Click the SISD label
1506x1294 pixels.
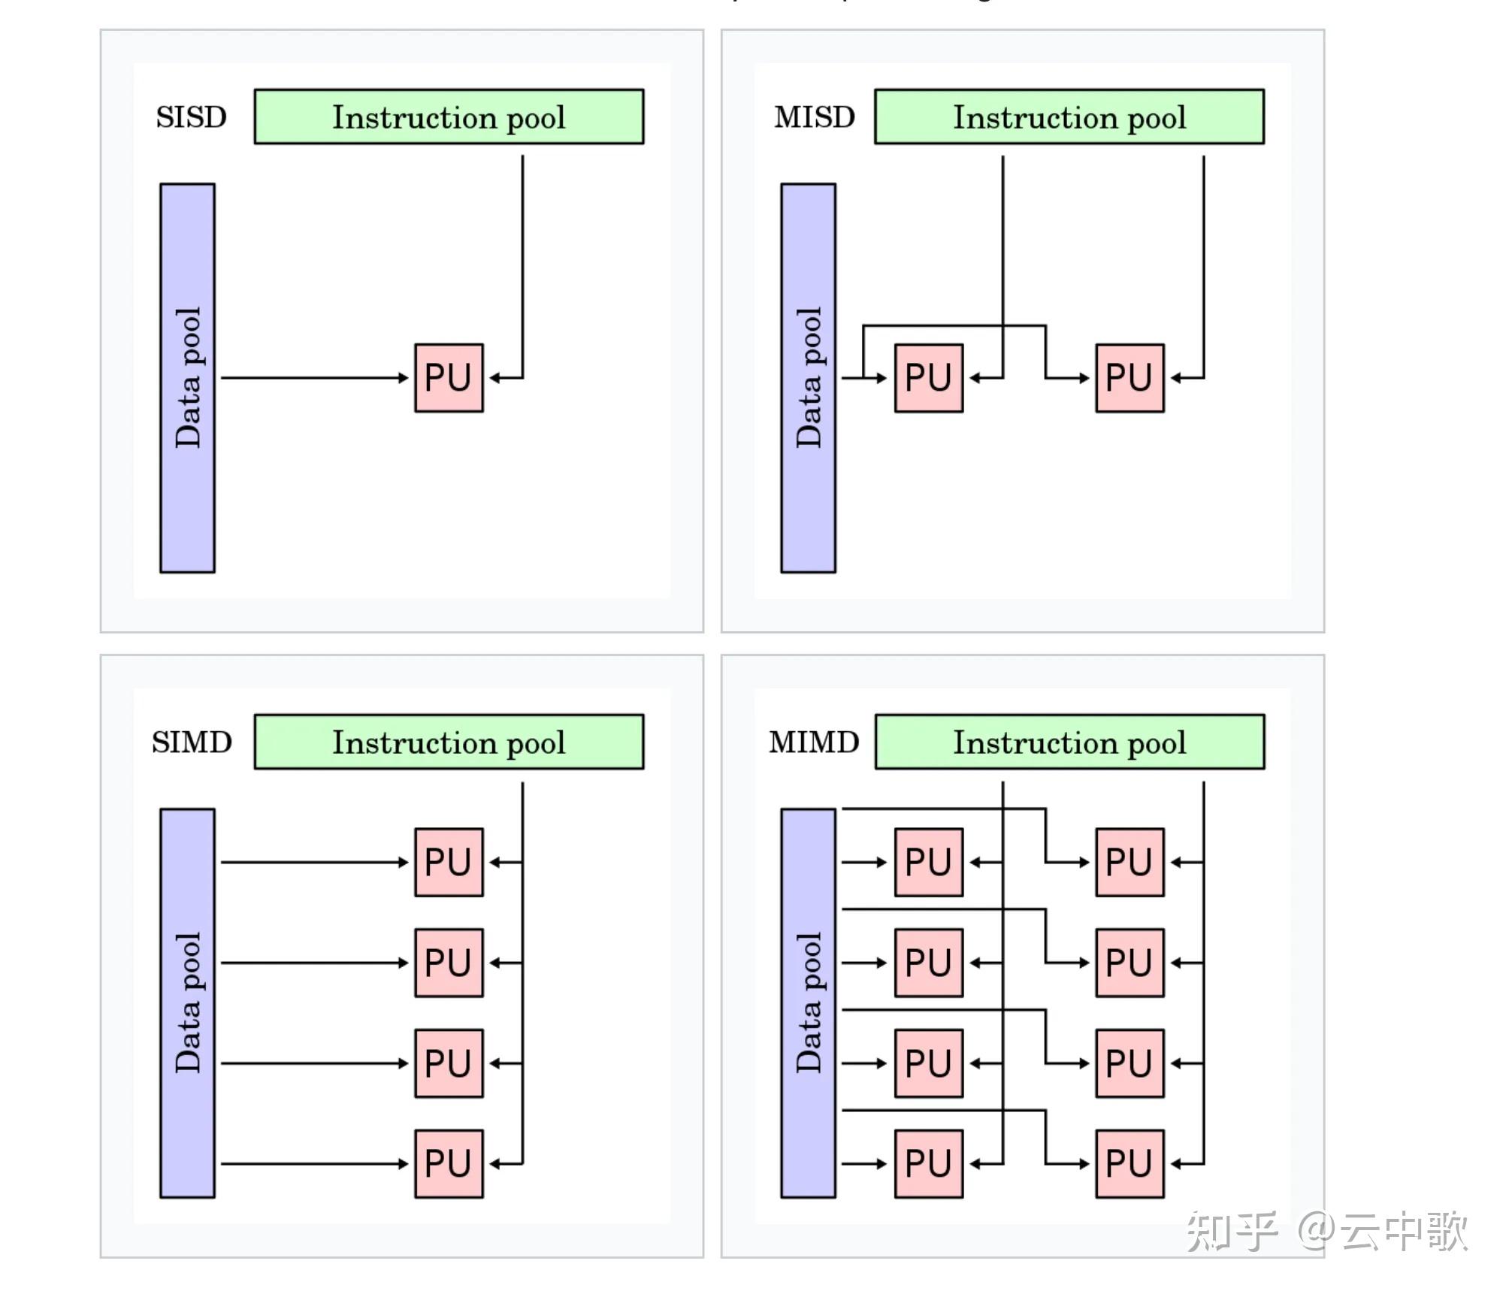coord(191,117)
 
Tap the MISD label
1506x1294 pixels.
coord(815,117)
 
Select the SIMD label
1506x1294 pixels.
coord(192,742)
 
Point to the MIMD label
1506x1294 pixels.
coord(814,742)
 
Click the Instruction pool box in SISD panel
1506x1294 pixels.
coord(449,117)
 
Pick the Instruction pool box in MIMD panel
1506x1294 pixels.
coord(1069,742)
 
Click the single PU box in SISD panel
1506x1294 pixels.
coord(449,378)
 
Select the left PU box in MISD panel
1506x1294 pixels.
coord(928,378)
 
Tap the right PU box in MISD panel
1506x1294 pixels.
coord(1129,378)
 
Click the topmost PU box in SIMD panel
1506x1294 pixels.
coord(449,862)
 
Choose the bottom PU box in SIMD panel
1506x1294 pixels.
coord(449,1163)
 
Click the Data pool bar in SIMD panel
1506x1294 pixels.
coord(187,1003)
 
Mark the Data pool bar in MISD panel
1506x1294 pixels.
coord(808,378)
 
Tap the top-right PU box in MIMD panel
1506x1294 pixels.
coord(1129,862)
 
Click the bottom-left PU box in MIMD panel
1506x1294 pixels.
coord(928,1163)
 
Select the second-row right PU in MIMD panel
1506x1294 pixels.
coord(1129,963)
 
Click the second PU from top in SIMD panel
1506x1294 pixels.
coord(449,963)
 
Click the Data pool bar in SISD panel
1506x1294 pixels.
coord(187,378)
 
